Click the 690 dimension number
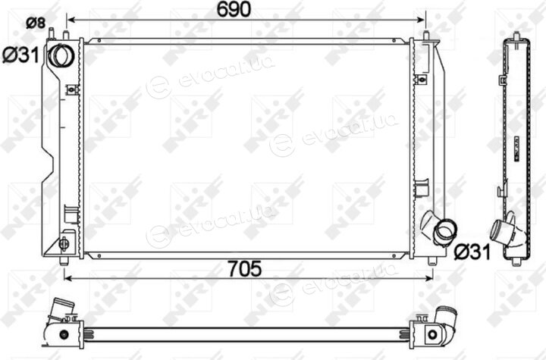coord(234,9)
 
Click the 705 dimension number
coord(244,268)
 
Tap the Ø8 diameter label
coord(36,23)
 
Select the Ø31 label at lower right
coord(472,252)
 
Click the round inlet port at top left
coord(61,56)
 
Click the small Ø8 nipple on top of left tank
coord(52,34)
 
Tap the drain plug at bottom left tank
coord(64,244)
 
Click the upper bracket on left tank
coord(72,90)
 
